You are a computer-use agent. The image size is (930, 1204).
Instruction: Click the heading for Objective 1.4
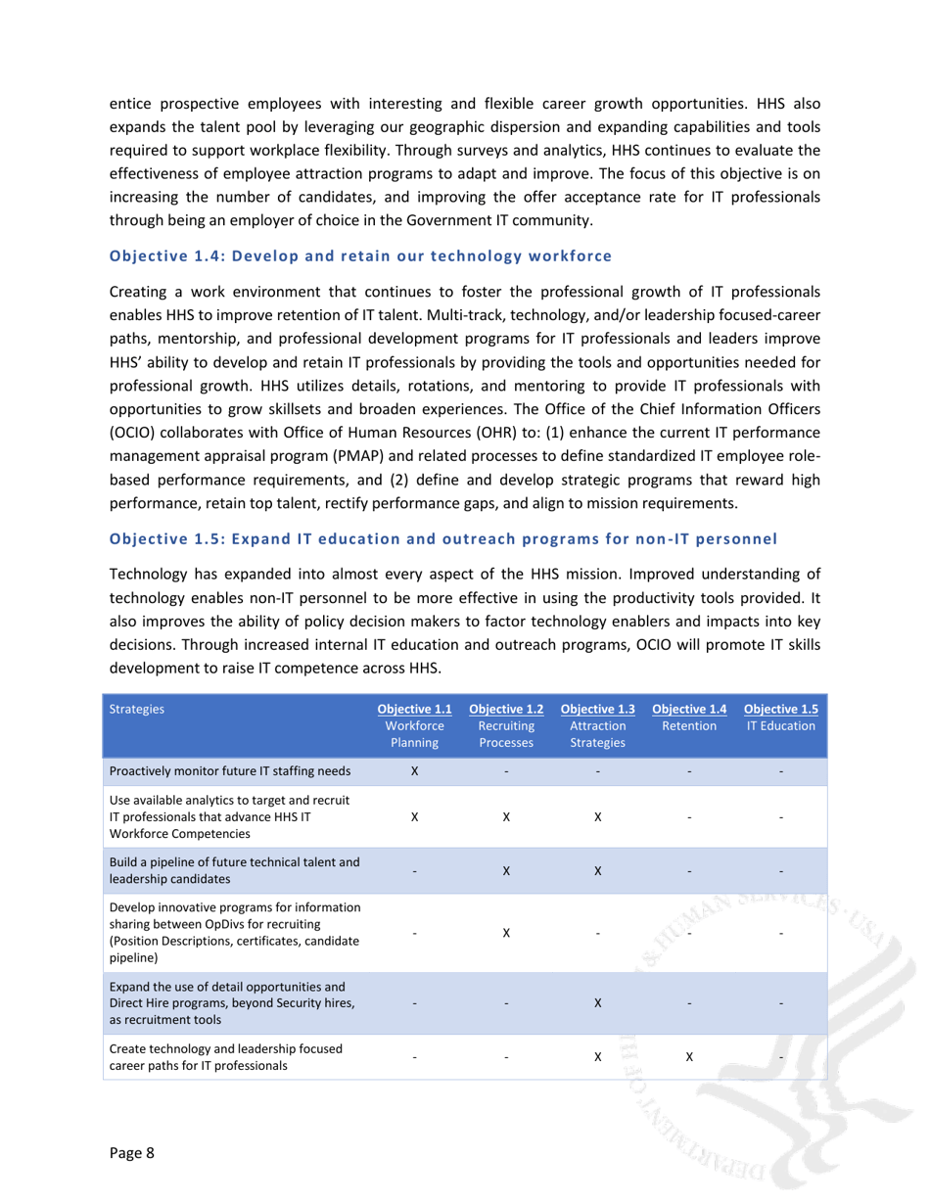(360, 256)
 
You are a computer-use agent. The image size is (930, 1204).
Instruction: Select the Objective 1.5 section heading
(443, 538)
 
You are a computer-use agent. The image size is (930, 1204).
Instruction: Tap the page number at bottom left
(132, 1152)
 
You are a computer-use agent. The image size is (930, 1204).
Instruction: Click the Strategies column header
(137, 710)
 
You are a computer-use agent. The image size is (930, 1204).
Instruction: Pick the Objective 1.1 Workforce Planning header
(414, 726)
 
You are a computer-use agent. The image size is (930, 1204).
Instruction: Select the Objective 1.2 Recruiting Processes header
(506, 726)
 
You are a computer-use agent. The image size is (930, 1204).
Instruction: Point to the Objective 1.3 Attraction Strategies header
(597, 726)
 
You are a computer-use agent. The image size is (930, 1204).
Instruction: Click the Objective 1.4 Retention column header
(689, 718)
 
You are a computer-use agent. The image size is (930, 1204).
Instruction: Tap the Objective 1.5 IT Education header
(781, 718)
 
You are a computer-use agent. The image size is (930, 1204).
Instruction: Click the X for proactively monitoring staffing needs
(414, 771)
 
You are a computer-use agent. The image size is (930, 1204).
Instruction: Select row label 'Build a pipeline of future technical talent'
(235, 869)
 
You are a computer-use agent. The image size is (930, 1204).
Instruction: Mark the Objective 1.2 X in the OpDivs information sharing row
(506, 933)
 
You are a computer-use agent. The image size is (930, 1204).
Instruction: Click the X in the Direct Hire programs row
(597, 1003)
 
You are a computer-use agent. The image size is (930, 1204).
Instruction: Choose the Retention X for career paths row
(689, 1057)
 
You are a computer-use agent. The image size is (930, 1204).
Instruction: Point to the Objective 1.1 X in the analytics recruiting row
(414, 816)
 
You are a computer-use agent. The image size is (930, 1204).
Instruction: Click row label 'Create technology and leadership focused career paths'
(226, 1057)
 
